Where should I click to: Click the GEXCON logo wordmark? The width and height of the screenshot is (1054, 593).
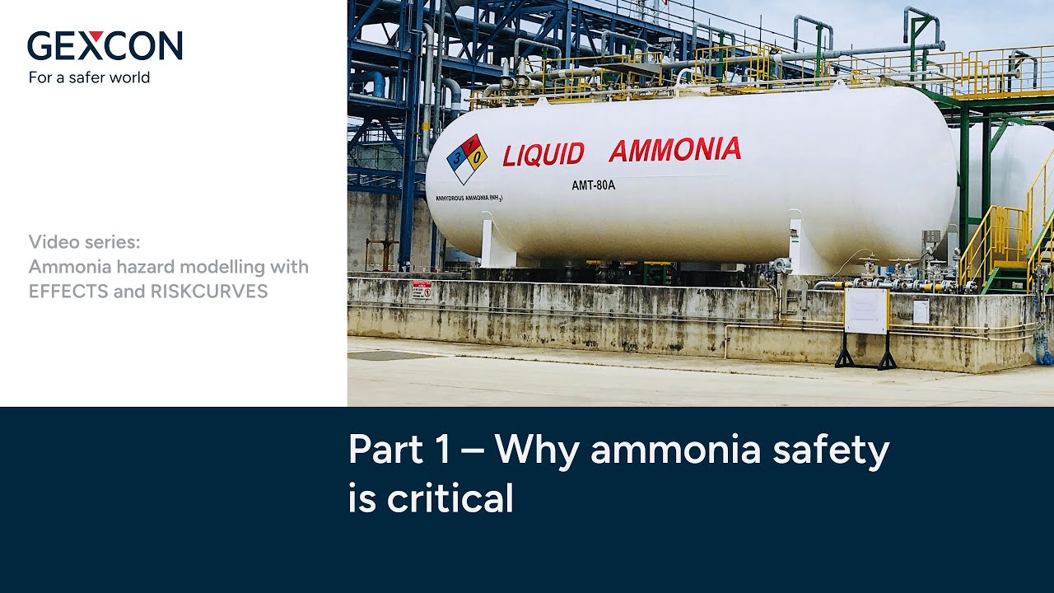click(x=105, y=45)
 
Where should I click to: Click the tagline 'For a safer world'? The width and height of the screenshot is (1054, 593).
click(x=89, y=77)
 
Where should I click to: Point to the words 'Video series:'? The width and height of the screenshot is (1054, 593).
click(x=84, y=241)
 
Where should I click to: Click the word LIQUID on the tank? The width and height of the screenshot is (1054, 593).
click(x=543, y=154)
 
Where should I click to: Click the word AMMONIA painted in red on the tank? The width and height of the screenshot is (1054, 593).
click(x=674, y=150)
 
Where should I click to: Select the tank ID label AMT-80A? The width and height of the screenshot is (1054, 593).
click(x=593, y=185)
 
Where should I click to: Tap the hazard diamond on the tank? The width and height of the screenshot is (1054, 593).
click(x=466, y=158)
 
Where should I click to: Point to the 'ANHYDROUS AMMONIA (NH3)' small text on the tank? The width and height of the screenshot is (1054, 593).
click(x=469, y=198)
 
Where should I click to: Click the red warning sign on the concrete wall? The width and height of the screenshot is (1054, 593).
click(x=422, y=289)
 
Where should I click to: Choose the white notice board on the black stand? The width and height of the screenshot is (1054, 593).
click(x=865, y=311)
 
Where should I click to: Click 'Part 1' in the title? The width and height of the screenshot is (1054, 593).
click(x=399, y=451)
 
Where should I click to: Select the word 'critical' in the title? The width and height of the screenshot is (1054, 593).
click(x=450, y=498)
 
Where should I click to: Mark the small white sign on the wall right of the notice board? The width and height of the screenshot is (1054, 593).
click(x=921, y=311)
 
